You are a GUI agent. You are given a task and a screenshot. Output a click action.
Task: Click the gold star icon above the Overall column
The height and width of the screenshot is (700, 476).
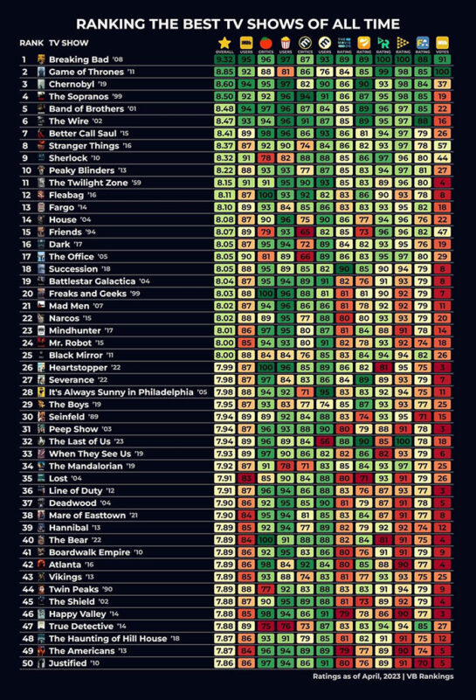224,41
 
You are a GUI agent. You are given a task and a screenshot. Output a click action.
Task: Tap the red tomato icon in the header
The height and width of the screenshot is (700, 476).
246,41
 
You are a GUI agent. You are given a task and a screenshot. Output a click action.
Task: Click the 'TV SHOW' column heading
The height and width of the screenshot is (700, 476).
66,42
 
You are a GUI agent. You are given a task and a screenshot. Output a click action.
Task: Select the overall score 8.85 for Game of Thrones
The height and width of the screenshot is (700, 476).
224,71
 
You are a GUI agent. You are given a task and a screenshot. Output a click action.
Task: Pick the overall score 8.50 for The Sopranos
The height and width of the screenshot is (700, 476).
224,96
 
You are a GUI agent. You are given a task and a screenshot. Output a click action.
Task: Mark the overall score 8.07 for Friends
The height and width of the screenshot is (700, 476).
224,232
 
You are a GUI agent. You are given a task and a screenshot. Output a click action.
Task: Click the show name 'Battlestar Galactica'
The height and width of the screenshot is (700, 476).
92,281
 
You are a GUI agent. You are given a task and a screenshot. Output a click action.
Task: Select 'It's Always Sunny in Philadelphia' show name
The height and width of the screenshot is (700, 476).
121,392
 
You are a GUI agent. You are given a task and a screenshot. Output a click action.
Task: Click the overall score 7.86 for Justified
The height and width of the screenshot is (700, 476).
224,663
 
